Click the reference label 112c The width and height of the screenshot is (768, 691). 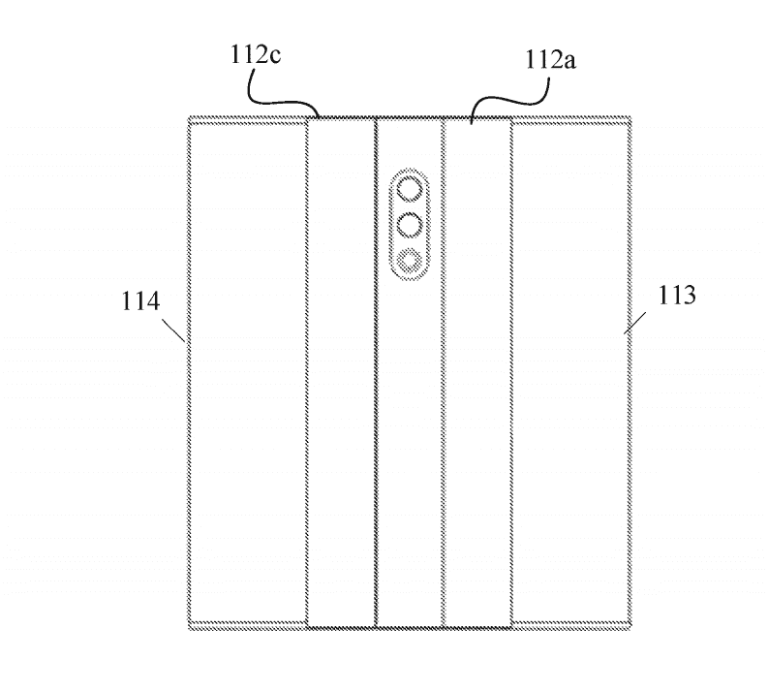coord(256,54)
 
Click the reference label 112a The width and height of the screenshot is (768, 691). coord(550,60)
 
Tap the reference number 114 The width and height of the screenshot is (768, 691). coord(140,300)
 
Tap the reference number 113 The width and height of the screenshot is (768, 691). coord(676,296)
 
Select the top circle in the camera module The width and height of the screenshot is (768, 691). coord(410,190)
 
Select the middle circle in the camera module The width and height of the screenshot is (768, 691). coord(410,225)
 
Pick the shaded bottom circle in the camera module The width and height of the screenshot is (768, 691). coord(410,261)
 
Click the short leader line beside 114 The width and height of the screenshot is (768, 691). coord(174,330)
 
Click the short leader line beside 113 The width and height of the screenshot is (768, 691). coord(634,323)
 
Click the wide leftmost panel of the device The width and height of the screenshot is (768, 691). coord(248,372)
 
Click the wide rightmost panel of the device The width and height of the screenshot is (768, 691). coord(570,372)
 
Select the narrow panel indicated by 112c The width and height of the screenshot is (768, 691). coord(342,372)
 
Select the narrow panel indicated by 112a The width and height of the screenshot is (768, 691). coord(478,372)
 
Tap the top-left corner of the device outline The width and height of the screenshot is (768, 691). coord(189,117)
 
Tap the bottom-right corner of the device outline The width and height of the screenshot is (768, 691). coord(630,629)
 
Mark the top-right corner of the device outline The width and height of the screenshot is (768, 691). coord(630,117)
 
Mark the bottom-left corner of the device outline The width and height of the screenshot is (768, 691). coord(189,629)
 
